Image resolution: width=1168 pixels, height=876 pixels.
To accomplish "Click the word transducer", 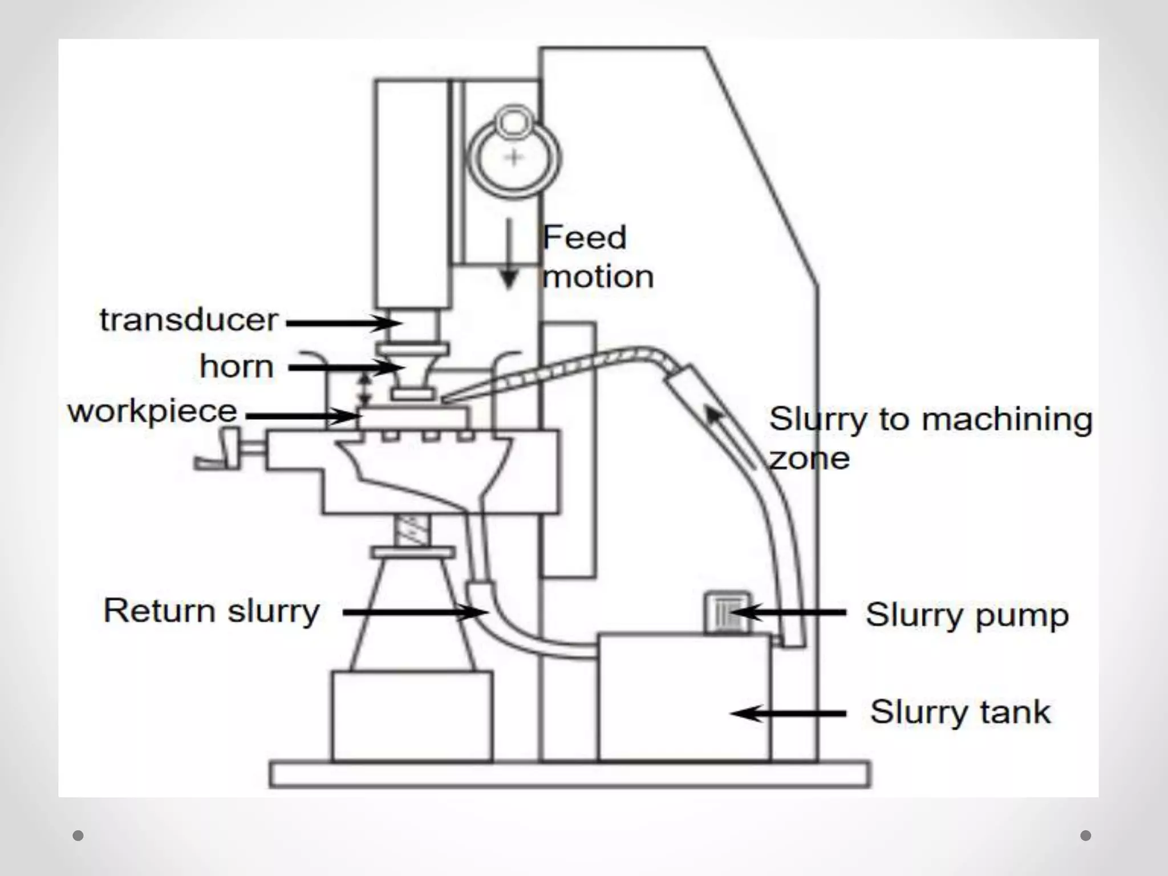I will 189,320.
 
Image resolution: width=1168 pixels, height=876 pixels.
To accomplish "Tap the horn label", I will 236,367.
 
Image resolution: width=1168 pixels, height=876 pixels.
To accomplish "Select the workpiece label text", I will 152,412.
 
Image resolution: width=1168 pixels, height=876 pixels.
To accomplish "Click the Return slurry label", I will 211,612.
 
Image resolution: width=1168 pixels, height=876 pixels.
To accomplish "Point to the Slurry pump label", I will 967,615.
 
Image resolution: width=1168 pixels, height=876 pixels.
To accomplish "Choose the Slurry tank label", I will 960,712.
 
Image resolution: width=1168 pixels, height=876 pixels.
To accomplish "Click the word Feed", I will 584,238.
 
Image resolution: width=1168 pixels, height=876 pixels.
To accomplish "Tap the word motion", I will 598,277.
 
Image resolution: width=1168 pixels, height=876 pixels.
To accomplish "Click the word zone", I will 809,459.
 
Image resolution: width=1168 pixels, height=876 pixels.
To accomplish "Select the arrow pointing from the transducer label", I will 344,323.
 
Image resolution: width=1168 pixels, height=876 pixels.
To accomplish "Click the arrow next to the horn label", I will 346,368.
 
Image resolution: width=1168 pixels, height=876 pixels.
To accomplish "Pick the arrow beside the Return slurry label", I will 415,613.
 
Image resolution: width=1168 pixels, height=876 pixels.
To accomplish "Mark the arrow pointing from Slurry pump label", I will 789,613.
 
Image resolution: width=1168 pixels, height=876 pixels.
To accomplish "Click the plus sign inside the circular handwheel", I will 514,157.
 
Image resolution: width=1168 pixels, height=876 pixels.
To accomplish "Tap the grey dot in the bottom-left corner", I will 79,836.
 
